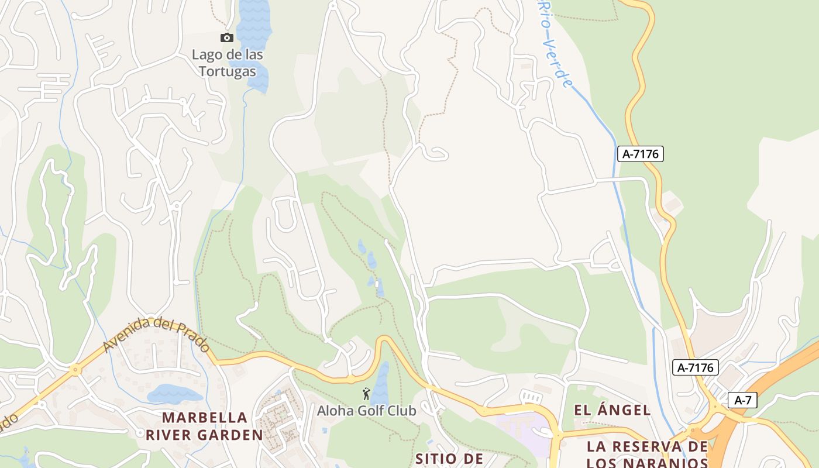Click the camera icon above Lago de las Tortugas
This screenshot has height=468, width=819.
click(227, 38)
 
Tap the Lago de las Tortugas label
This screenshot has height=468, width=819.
click(228, 63)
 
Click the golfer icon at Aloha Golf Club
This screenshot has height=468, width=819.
click(367, 394)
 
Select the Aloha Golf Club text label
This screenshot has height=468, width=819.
click(367, 411)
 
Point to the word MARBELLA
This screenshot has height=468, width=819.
click(205, 418)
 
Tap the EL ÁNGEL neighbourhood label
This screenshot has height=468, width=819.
click(612, 410)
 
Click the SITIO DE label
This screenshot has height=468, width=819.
click(449, 459)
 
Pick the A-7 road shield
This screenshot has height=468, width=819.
click(742, 400)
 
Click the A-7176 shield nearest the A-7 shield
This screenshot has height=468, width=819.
click(695, 367)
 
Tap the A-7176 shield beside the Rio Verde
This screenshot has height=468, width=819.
click(641, 154)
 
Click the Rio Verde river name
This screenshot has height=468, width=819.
click(553, 44)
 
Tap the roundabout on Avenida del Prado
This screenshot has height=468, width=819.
click(75, 370)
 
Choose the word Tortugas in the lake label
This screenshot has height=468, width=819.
click(228, 71)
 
